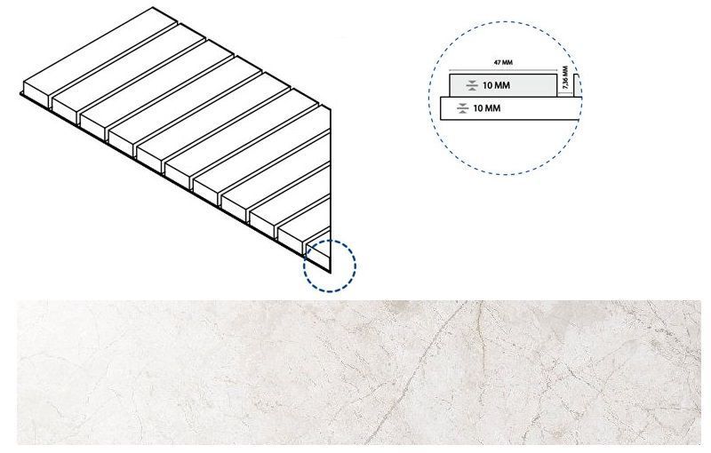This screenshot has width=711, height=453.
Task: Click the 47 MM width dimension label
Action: click(503, 62)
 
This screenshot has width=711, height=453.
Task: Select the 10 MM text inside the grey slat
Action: click(496, 85)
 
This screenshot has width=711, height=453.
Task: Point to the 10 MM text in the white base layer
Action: click(486, 108)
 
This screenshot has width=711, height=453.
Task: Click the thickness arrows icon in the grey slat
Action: click(472, 85)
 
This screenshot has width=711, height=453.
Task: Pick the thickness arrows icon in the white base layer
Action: click(462, 108)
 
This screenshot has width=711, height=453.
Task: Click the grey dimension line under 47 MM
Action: click(503, 71)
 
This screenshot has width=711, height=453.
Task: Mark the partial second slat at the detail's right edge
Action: click(577, 85)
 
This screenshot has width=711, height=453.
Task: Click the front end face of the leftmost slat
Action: click(36, 94)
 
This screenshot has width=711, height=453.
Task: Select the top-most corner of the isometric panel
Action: click(153, 7)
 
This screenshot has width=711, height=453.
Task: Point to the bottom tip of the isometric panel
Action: click(331, 273)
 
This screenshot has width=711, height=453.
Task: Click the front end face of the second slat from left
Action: click(64, 110)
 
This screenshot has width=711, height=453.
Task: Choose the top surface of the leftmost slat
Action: click(100, 52)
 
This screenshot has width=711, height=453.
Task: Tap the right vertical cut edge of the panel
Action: click(331, 190)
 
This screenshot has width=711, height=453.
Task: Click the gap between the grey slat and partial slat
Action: click(565, 93)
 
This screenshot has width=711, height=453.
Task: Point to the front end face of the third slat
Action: click(92, 126)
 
